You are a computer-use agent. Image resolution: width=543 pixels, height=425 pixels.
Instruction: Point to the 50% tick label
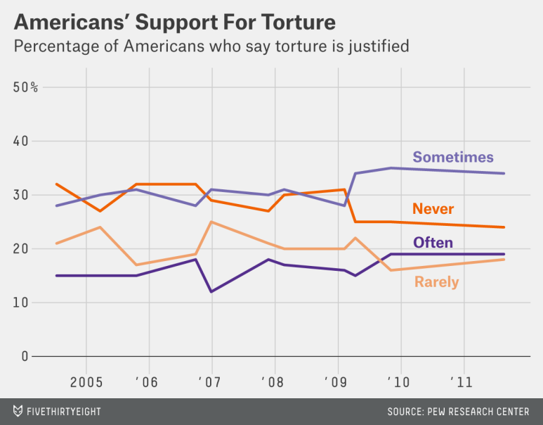(26, 87)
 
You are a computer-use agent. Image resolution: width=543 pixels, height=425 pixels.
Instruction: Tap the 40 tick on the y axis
(22, 141)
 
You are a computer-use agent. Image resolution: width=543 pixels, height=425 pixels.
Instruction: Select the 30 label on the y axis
(22, 195)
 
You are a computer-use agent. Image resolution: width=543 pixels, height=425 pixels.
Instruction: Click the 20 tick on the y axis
(22, 249)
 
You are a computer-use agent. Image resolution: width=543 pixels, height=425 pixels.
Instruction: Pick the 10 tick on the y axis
(22, 303)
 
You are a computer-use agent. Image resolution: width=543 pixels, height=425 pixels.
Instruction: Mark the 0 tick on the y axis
(25, 357)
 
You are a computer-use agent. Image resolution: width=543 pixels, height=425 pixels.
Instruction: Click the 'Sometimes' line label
(453, 157)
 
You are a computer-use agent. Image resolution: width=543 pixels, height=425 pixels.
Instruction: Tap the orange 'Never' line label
(433, 208)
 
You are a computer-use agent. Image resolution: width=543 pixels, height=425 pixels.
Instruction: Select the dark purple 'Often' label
(433, 243)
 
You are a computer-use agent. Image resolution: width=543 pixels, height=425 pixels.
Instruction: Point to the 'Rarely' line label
(436, 282)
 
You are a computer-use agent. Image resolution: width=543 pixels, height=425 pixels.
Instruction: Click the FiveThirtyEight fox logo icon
(18, 411)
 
